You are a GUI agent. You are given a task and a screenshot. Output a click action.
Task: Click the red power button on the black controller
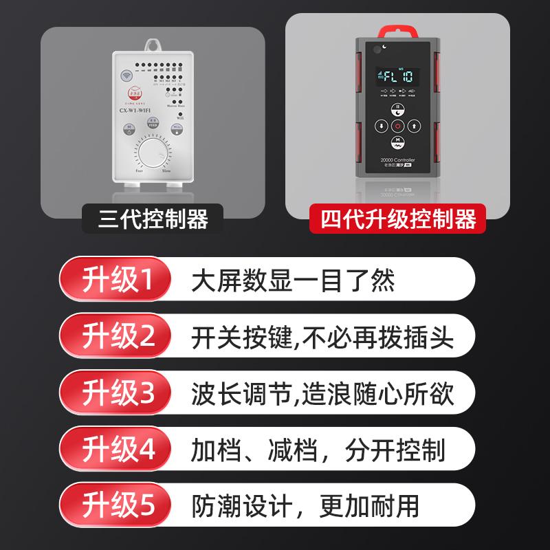click(397, 126)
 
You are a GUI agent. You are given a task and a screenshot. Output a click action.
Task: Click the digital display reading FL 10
click(397, 75)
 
